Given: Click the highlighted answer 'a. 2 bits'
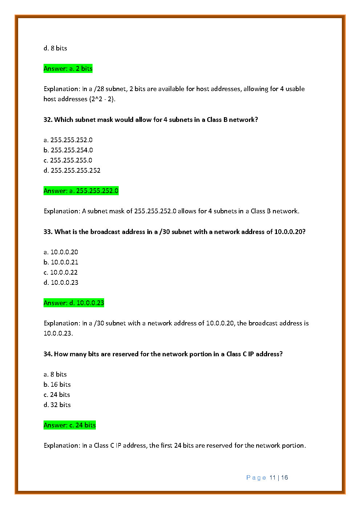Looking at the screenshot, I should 68,69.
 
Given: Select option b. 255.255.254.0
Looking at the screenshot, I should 68,150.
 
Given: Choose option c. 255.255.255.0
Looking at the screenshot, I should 68,160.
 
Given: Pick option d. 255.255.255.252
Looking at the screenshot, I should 72,171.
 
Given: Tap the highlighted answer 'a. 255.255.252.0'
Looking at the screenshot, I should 81,191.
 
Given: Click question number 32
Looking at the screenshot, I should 48,120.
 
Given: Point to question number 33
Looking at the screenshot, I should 48,232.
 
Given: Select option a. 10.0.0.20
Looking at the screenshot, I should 61,252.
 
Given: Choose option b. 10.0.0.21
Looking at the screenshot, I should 61,262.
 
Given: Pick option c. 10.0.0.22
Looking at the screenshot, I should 61,272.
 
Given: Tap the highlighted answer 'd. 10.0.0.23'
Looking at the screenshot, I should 74,303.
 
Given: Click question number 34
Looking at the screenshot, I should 48,354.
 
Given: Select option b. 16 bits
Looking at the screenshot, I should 57,385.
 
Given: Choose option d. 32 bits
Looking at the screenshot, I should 57,405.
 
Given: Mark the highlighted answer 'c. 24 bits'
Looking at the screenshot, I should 70,425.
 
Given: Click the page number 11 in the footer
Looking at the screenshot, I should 273,478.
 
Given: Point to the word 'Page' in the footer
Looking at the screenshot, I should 256,478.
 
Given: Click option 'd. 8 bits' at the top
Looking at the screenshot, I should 55,48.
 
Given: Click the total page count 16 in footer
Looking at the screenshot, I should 285,478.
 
